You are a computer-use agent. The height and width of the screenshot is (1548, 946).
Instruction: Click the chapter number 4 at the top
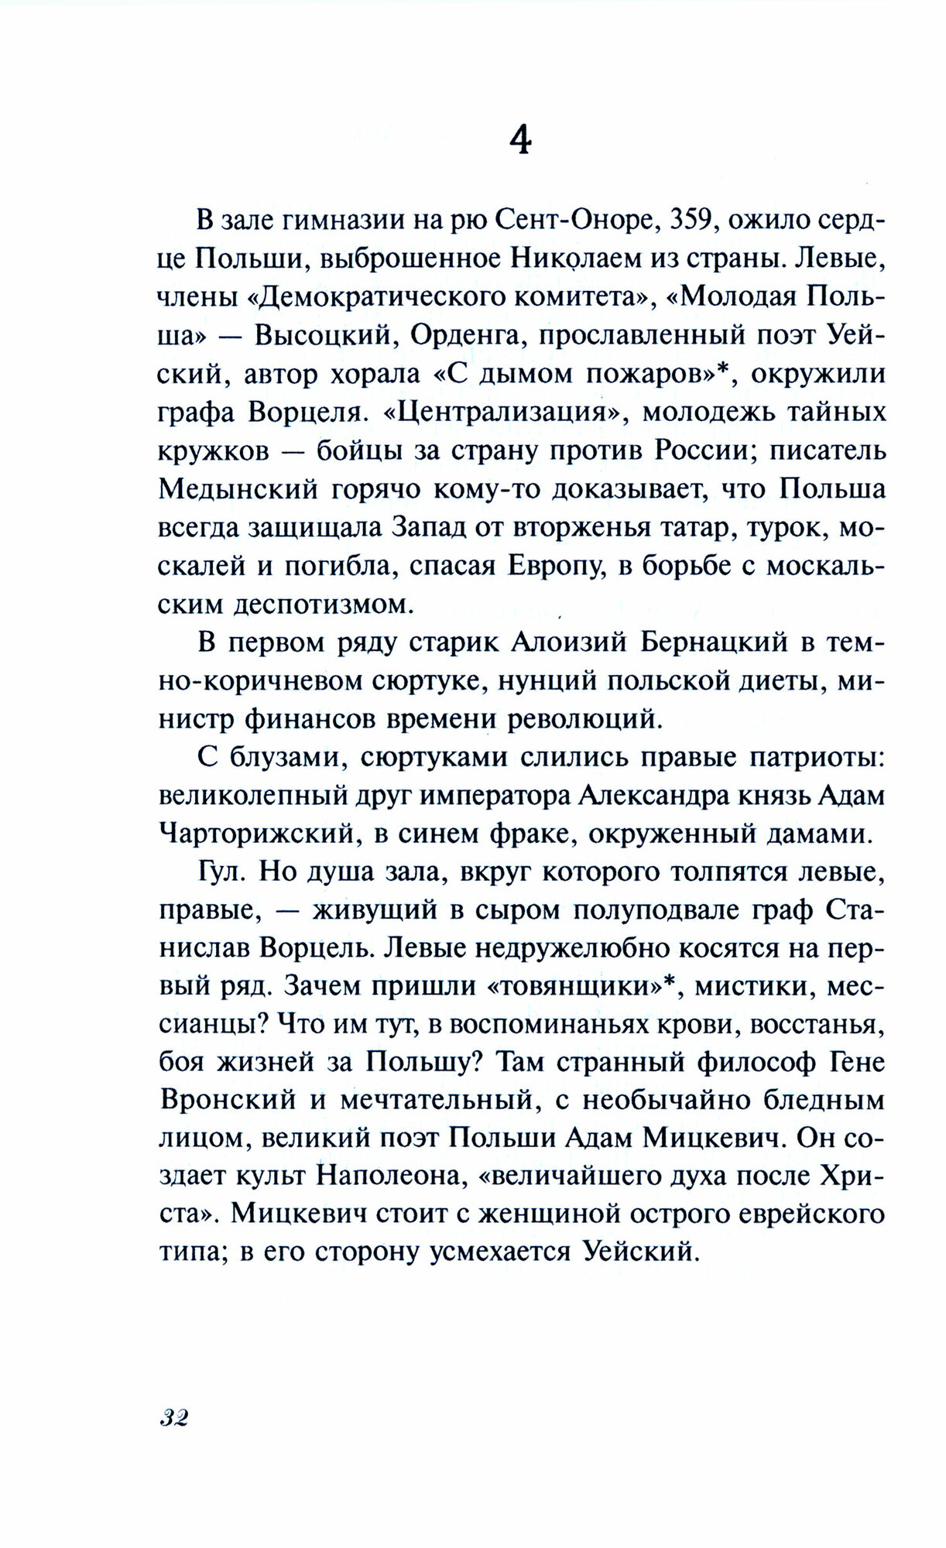pyautogui.click(x=520, y=142)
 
